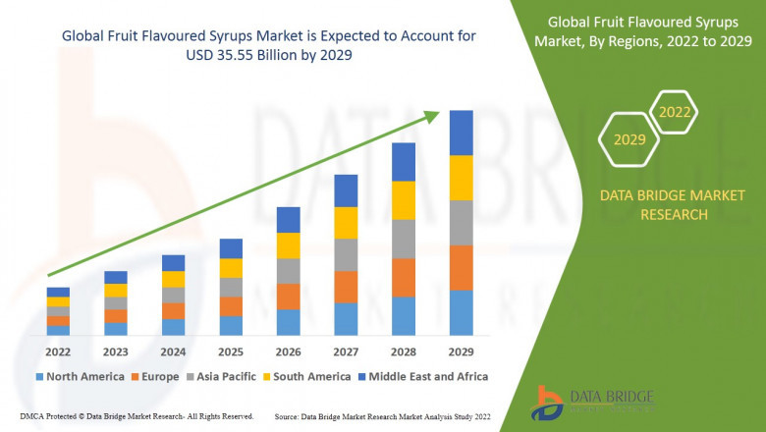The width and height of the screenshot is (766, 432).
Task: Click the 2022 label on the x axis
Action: (58, 351)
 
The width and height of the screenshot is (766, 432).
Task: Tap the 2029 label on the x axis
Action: (461, 351)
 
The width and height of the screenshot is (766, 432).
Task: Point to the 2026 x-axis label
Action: (288, 351)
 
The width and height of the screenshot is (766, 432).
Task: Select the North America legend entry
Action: (79, 376)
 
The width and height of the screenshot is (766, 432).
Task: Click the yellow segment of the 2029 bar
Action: (461, 178)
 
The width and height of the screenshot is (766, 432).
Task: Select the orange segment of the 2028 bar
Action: (403, 278)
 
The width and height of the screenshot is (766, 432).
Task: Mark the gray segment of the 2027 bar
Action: (346, 254)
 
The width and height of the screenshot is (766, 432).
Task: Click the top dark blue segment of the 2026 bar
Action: (288, 219)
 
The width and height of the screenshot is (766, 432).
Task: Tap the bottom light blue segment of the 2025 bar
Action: (231, 326)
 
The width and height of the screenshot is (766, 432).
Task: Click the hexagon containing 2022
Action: (674, 112)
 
